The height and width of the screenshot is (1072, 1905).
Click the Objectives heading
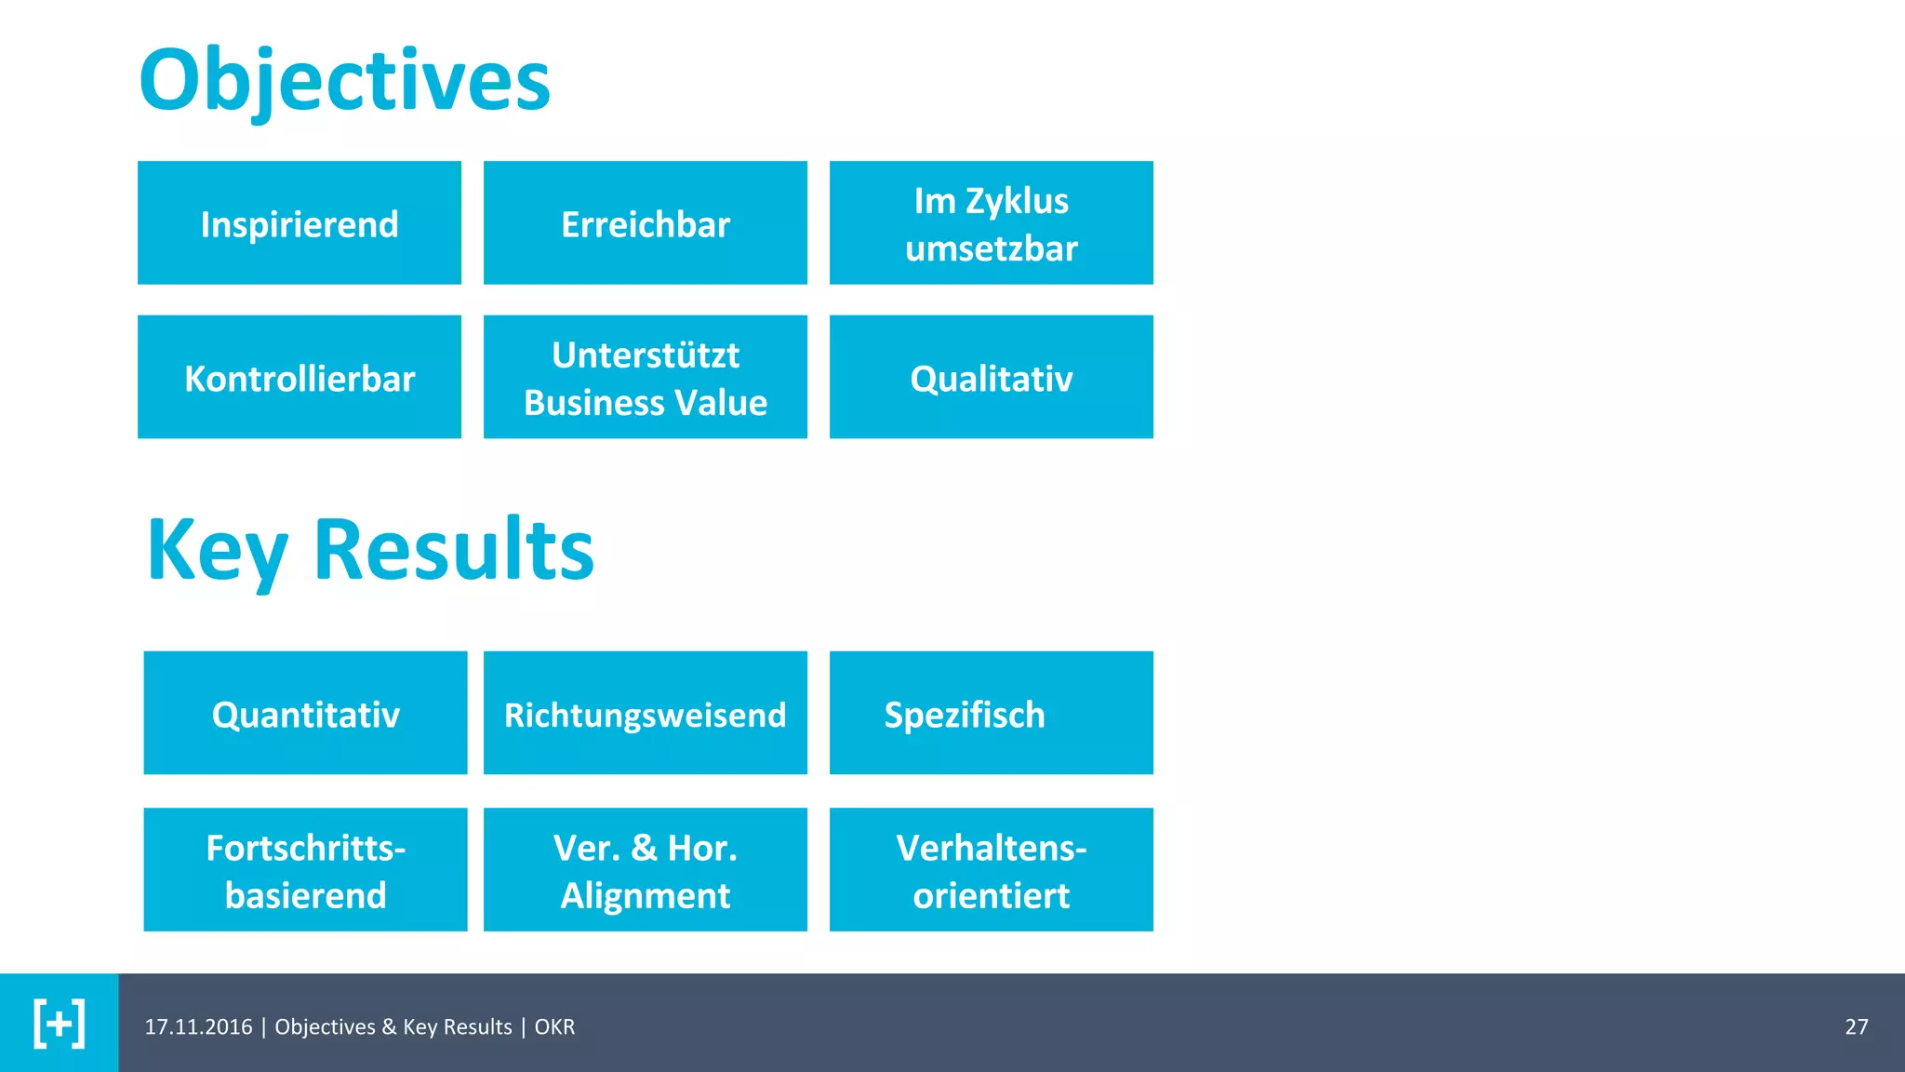[x=344, y=80]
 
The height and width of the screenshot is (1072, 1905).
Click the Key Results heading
[x=370, y=551]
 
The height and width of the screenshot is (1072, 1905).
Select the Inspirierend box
[x=300, y=223]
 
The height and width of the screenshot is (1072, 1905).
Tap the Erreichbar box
[x=646, y=223]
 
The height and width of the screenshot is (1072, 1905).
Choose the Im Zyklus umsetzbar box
[x=992, y=223]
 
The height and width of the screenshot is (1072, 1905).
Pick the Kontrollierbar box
[x=300, y=377]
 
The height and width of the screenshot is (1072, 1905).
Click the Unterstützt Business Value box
[x=646, y=377]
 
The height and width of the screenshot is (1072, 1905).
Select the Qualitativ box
[x=992, y=377]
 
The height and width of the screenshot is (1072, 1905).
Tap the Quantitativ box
[x=305, y=713]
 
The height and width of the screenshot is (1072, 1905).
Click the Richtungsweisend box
[x=646, y=713]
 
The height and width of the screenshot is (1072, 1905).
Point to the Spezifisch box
[x=992, y=713]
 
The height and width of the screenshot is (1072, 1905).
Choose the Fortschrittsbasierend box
[x=305, y=870]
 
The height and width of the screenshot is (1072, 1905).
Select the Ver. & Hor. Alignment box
[x=646, y=870]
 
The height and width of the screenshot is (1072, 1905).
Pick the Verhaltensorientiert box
[x=992, y=870]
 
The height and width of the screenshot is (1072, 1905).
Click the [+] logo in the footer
[x=60, y=1024]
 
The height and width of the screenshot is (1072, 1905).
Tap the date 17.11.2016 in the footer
[x=198, y=1026]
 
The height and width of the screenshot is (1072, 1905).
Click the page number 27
[x=1856, y=1026]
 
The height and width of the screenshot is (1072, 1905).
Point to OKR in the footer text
[x=554, y=1026]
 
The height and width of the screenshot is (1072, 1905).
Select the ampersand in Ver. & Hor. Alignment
[x=644, y=848]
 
